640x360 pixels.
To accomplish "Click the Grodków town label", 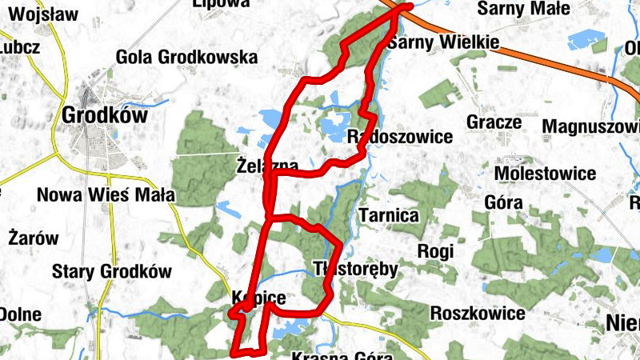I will pos(105,115).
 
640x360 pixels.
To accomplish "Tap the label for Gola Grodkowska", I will pos(187,58).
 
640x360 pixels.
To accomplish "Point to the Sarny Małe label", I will pos(523,10).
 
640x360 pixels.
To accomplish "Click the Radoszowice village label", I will pos(401,137).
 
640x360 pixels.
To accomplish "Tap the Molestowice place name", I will pos(546,174).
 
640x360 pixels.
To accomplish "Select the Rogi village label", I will pos(436,251).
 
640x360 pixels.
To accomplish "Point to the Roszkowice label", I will pos(478,313).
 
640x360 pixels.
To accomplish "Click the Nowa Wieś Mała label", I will pos(106,195).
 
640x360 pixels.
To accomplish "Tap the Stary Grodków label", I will pos(112,271).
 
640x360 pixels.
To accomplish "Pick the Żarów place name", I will pos(34,238).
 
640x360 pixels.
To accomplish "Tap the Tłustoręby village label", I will pos(355,268).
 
